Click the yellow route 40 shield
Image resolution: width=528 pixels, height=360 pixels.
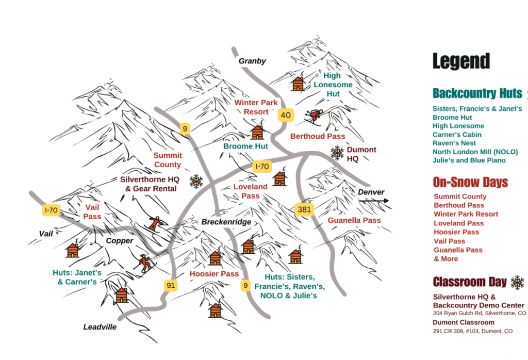285,114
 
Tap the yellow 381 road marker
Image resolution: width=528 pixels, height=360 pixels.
304,209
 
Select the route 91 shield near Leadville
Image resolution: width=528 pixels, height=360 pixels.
171,285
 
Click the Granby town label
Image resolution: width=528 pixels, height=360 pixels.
252,61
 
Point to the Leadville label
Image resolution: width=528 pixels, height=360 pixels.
100,327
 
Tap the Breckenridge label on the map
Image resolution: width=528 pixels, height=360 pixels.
226,222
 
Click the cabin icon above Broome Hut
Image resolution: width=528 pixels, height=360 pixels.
257,132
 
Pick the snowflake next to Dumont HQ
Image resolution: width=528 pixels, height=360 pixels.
337,153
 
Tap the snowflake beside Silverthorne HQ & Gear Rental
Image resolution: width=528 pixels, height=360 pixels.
196,181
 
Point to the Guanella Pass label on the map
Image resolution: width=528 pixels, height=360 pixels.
354,221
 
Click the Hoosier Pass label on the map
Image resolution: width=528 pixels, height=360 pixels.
214,274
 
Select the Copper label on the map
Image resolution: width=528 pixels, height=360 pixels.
120,241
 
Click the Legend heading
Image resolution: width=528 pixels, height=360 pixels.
460,62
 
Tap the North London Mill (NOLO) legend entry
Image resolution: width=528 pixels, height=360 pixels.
475,152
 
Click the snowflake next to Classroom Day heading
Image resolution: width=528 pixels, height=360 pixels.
517,282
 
